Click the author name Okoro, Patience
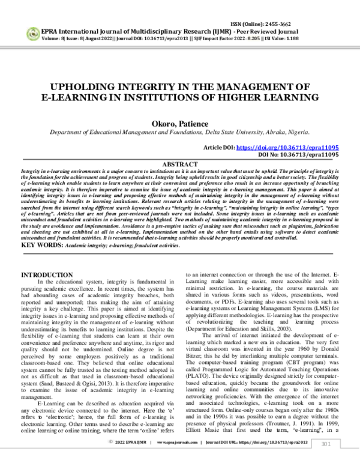click(x=179, y=124)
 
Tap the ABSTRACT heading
click(x=179, y=163)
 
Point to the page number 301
click(x=326, y=460)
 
